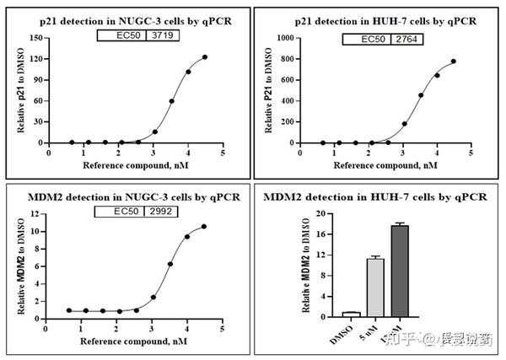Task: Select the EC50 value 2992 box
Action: [x=161, y=212]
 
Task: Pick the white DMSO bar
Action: [x=327, y=314]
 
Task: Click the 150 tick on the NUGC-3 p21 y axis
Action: [x=38, y=38]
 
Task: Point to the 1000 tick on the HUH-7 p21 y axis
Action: [x=287, y=38]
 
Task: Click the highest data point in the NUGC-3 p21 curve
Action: [x=205, y=57]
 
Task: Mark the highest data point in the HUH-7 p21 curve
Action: [x=454, y=62]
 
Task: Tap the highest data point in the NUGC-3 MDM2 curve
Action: [x=205, y=227]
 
